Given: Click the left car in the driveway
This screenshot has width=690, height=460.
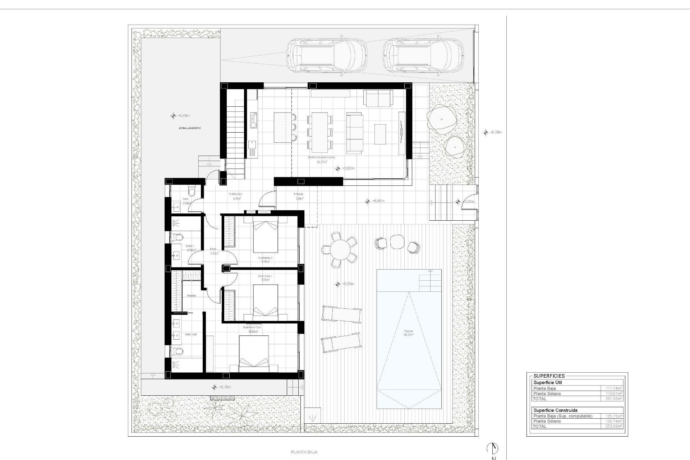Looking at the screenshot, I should click(x=326, y=56).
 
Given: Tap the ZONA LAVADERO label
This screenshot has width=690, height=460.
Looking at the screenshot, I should click(x=190, y=128).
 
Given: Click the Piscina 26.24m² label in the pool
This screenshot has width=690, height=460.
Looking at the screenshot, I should click(x=408, y=333).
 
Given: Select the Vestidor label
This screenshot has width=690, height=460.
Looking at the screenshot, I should click(x=191, y=296).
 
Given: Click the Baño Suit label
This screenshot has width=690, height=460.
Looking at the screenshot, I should click(x=190, y=334).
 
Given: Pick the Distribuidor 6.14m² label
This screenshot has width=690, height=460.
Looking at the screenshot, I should click(x=235, y=196).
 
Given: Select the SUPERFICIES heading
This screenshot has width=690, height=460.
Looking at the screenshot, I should click(x=549, y=376).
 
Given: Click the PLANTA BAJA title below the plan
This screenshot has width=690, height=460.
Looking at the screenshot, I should click(x=304, y=452).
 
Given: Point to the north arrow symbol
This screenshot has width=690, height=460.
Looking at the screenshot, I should click(x=492, y=448).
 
